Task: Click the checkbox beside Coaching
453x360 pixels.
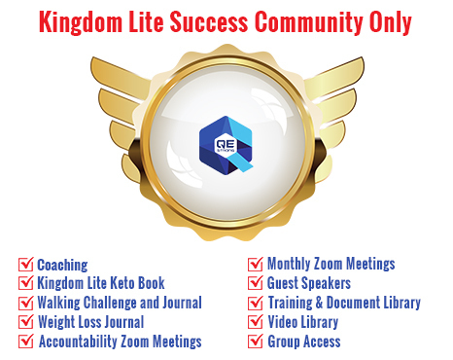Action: coord(26,264)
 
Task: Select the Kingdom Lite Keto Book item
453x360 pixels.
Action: coord(106,283)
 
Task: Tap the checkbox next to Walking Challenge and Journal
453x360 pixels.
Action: coord(26,303)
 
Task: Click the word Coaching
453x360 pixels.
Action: coord(62,264)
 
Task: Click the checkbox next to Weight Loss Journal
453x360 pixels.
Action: coord(26,322)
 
